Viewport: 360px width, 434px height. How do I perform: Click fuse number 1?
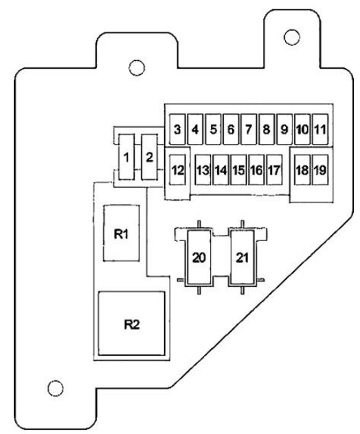[126, 157]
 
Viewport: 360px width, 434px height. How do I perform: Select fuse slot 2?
[149, 157]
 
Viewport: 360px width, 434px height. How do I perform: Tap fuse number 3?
[177, 129]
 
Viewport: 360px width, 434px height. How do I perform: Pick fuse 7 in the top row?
[249, 129]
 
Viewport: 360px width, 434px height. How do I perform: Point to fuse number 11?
[320, 129]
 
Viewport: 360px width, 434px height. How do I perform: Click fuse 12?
[177, 170]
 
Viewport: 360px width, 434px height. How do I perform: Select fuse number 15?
[238, 170]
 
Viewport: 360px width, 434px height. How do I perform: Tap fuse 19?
[320, 170]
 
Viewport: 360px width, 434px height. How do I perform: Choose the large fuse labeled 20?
[199, 257]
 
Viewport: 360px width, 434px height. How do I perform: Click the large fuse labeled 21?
[243, 257]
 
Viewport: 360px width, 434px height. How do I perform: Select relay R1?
[122, 233]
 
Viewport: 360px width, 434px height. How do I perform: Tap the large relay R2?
[131, 323]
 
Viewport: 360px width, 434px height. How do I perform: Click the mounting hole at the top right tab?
[292, 37]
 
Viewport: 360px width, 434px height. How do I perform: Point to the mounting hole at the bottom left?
[56, 388]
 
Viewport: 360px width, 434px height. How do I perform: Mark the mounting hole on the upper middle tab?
[137, 67]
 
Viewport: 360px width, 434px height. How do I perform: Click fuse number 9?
[284, 129]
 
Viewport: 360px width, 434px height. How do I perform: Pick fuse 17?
[274, 170]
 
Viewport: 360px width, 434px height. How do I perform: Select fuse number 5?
[213, 129]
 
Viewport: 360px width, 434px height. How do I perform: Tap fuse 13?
[203, 170]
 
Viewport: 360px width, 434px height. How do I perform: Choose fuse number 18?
[302, 170]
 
